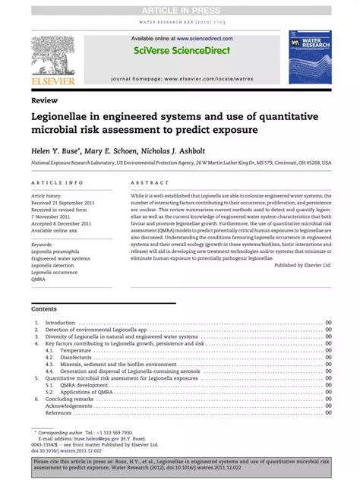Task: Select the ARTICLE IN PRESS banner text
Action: (x=179, y=10)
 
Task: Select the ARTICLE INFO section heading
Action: (x=58, y=183)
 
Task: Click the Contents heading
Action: (x=44, y=309)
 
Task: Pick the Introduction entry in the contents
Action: (x=61, y=323)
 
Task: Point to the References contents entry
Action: (x=58, y=412)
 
